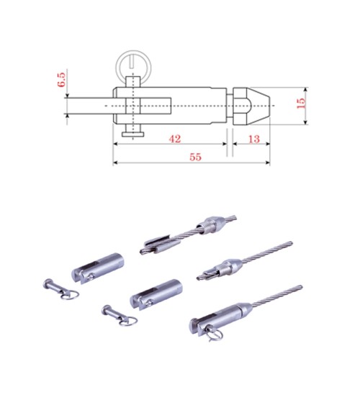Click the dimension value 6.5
point(61,80)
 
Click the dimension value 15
point(300,103)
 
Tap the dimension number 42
point(175,139)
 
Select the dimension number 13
point(253,139)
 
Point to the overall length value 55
point(195,157)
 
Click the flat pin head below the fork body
point(133,135)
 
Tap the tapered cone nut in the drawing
point(251,106)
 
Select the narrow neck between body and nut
point(230,106)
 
